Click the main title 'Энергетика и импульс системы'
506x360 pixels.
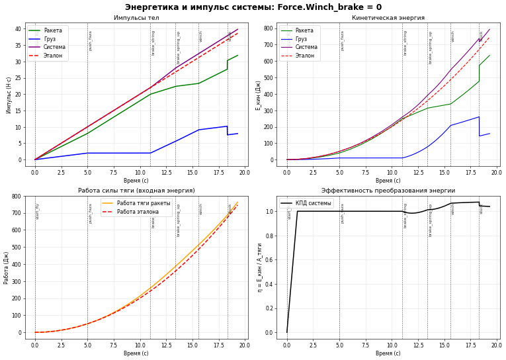(x=253, y=7)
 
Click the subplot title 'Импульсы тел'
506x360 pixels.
(x=136, y=18)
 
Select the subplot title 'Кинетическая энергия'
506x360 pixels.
(x=388, y=18)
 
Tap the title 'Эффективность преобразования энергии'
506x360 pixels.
(x=388, y=191)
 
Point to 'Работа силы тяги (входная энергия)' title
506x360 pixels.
(x=136, y=191)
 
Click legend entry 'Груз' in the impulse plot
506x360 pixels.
(x=50, y=39)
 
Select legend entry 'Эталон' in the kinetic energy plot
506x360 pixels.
(x=302, y=56)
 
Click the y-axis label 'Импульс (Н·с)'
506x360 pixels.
(x=9, y=94)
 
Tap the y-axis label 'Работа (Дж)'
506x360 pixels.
(x=7, y=268)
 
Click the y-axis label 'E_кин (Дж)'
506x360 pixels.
(x=259, y=95)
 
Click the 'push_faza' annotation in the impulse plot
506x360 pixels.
(x=91, y=40)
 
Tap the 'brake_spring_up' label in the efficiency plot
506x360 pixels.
(x=431, y=220)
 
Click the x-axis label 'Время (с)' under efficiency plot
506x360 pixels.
(x=388, y=353)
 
